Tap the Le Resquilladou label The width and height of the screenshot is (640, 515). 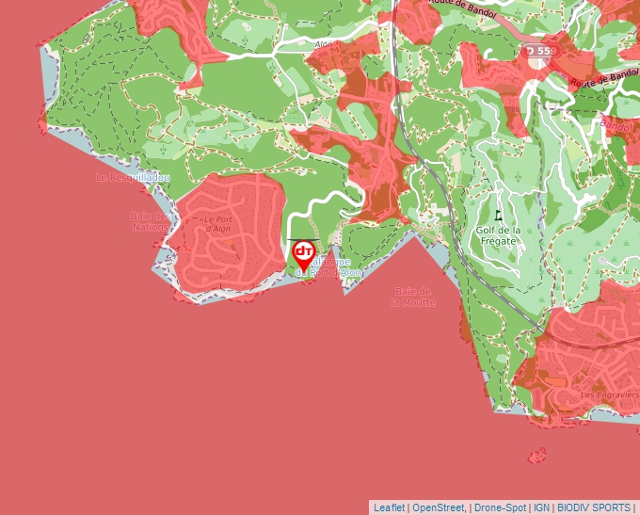click(x=134, y=177)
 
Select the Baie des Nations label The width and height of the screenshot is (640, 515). click(x=151, y=221)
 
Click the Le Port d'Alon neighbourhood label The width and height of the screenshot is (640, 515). click(x=217, y=224)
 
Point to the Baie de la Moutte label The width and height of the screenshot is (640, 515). click(x=414, y=298)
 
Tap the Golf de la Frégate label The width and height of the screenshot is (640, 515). click(x=498, y=235)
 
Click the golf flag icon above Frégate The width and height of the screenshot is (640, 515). click(x=498, y=215)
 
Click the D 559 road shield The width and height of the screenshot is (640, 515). click(x=540, y=50)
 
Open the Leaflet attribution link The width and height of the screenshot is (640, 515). click(x=389, y=507)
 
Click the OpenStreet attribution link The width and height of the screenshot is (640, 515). click(x=439, y=507)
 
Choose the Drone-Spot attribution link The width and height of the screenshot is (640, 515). click(x=500, y=507)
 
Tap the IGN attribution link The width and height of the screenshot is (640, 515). click(x=542, y=507)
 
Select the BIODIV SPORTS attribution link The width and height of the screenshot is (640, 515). click(x=594, y=507)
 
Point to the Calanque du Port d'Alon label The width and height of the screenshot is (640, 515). click(x=329, y=266)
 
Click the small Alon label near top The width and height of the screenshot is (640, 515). click(x=324, y=43)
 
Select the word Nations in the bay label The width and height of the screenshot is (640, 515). click(x=151, y=227)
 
